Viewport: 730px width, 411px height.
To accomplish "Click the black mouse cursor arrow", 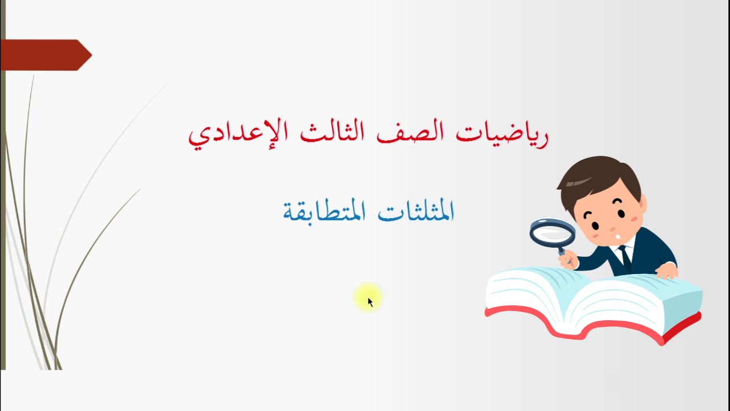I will pyautogui.click(x=370, y=302).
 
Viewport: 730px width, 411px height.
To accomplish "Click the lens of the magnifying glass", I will pyautogui.click(x=552, y=231).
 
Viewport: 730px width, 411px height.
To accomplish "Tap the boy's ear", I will pyautogui.click(x=643, y=204).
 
